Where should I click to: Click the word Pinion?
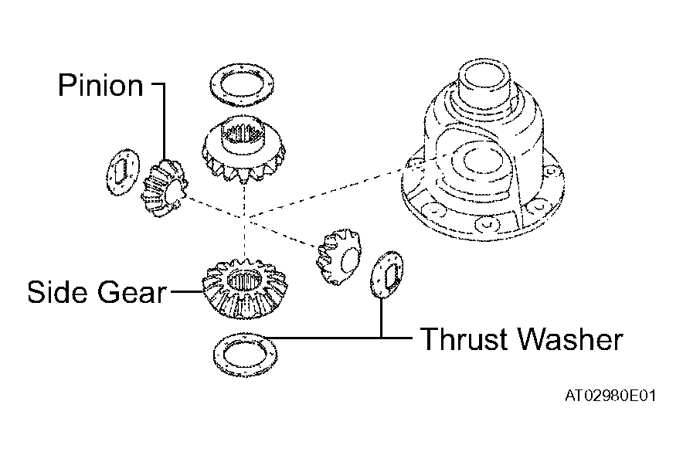point(100,85)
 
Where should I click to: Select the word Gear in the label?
point(131,291)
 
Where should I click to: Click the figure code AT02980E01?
point(610,396)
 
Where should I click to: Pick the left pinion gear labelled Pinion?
point(165,188)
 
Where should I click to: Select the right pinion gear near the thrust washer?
point(339,257)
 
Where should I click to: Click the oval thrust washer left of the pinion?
point(124,172)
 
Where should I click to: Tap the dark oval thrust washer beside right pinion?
point(386,274)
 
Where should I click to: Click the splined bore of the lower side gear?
point(244,281)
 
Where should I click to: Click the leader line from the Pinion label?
point(165,121)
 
